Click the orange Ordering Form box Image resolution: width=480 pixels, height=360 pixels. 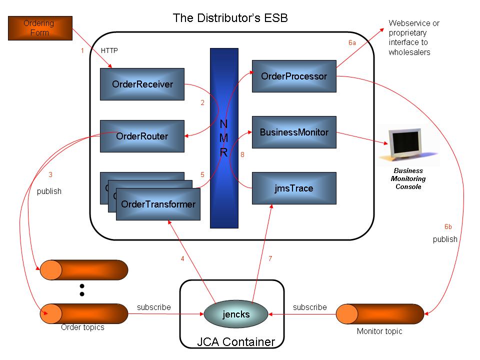[40, 28]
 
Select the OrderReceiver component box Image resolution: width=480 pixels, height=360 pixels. [142, 84]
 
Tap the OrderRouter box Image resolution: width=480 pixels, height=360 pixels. [142, 136]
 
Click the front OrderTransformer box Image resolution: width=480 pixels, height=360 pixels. [158, 204]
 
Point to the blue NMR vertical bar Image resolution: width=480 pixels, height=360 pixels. [224, 138]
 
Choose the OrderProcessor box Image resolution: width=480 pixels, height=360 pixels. [294, 76]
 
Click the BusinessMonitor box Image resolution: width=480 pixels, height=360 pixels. [294, 132]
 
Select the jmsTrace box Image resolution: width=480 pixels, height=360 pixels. [294, 188]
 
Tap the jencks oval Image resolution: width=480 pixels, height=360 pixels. [235, 315]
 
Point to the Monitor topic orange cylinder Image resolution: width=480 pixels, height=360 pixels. [379, 313]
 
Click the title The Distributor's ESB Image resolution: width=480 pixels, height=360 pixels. [230, 18]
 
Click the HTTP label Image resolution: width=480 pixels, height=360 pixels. [109, 50]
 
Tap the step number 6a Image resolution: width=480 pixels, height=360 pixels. [352, 43]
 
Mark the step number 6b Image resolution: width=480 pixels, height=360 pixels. [448, 226]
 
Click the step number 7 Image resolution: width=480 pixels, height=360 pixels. [270, 258]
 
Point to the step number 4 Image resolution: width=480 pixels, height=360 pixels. [182, 258]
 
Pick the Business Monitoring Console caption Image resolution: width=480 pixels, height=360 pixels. [408, 178]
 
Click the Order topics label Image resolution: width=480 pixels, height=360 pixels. [82, 327]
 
